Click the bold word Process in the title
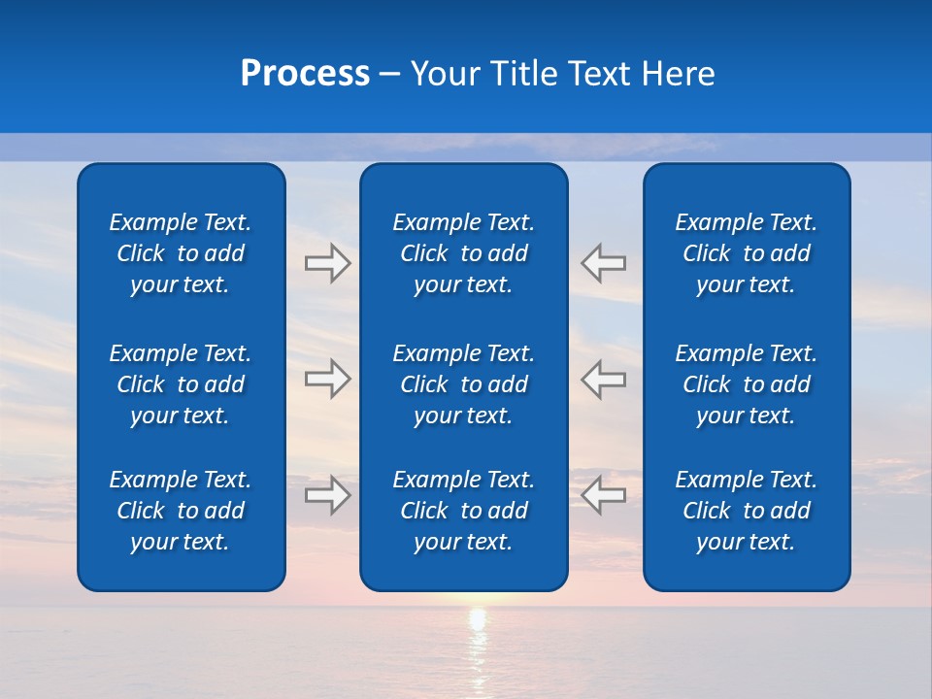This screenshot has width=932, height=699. coord(305,74)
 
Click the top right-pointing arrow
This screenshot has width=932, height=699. coord(328,263)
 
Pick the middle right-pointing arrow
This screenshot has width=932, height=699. coord(328,379)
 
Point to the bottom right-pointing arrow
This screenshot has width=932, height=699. coord(328,495)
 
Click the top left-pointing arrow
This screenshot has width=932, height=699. coord(603,263)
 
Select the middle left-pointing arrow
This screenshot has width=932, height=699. coord(603,379)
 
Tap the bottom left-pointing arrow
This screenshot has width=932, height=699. coord(603,495)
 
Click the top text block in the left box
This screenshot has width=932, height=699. coord(181,253)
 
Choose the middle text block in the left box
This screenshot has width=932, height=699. coord(181,384)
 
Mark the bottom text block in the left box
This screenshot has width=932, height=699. coord(181,511)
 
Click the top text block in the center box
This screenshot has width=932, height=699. coord(464,253)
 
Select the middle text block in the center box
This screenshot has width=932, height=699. coord(464,384)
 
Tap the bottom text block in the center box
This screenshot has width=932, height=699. coord(464,511)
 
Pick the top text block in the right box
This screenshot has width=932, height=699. coord(747,253)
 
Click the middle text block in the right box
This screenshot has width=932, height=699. coord(747,384)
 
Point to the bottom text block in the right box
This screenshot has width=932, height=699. coord(747,511)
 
